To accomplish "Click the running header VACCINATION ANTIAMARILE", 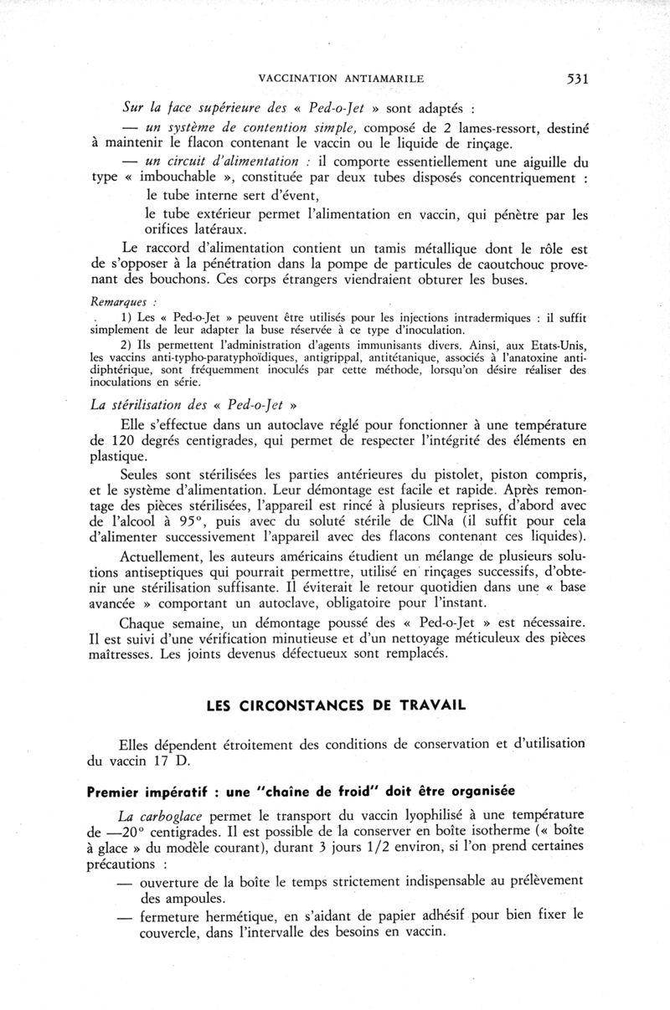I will click(x=342, y=79).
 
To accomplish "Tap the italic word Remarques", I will click(x=116, y=300).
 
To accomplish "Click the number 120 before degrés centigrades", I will click(x=123, y=440).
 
